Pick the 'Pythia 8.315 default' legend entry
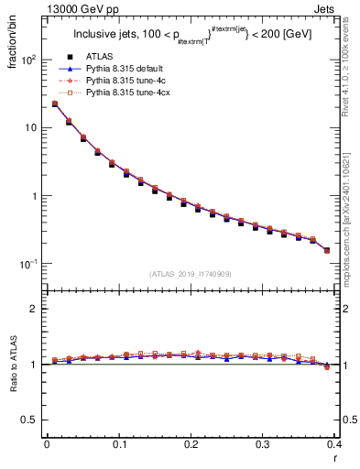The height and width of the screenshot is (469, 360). (x=127, y=69)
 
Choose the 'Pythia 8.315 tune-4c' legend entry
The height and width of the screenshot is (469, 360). (x=126, y=81)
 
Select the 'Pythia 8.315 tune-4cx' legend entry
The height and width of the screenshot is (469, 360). (x=129, y=93)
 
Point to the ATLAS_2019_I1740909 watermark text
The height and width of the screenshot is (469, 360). (x=191, y=274)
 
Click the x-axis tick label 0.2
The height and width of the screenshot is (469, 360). (x=191, y=444)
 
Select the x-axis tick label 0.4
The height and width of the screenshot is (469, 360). (x=334, y=444)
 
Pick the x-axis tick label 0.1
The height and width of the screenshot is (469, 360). (x=119, y=444)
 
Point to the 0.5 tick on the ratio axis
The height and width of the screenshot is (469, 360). (x=32, y=420)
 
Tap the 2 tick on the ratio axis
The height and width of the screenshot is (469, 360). (x=36, y=309)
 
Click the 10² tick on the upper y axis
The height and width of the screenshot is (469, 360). (x=28, y=60)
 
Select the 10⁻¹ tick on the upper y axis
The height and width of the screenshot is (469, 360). (x=28, y=264)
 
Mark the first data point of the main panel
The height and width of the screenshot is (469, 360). (x=55, y=104)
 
